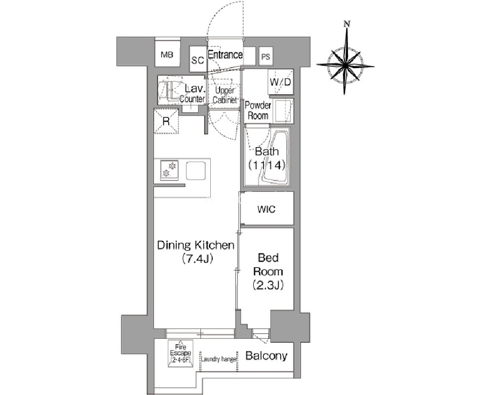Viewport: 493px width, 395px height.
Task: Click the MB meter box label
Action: (x=167, y=55)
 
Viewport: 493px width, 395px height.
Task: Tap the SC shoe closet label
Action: (x=198, y=60)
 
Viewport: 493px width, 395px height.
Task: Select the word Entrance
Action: (x=225, y=55)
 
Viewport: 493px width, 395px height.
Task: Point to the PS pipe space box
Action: (x=265, y=57)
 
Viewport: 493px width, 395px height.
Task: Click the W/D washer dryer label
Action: (x=280, y=82)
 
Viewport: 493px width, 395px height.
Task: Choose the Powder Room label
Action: (x=258, y=110)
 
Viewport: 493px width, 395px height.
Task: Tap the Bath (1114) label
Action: (x=267, y=158)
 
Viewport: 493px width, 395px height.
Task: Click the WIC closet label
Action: (x=266, y=209)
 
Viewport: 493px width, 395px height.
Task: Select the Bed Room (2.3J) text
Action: (x=268, y=272)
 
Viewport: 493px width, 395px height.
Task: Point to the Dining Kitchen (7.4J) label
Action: (x=196, y=251)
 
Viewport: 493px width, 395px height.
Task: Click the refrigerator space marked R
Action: (x=166, y=121)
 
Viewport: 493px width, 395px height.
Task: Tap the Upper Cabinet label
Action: (x=225, y=95)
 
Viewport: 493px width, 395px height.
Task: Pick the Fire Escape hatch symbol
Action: (x=181, y=354)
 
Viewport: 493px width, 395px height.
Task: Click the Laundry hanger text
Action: (x=219, y=359)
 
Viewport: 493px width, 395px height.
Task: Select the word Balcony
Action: (x=266, y=356)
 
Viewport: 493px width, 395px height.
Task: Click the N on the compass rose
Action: (x=347, y=24)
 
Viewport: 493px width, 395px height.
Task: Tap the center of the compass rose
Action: (x=345, y=66)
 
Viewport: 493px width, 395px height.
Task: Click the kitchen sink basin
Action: (x=196, y=170)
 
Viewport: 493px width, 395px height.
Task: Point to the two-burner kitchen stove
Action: (x=169, y=170)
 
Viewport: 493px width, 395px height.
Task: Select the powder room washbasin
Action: (x=283, y=111)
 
